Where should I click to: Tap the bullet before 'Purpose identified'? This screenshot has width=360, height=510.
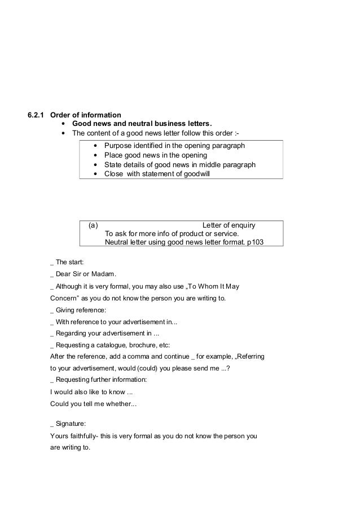click(x=95, y=146)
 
